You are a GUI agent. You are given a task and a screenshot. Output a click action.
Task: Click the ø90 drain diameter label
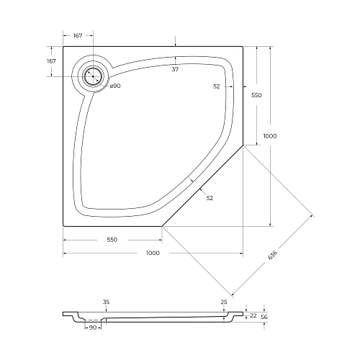(114, 86)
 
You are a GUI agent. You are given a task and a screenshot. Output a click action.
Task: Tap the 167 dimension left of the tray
(51, 61)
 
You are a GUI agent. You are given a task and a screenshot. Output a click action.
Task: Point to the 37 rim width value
(175, 70)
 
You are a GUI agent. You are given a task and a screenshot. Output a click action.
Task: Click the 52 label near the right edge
(217, 86)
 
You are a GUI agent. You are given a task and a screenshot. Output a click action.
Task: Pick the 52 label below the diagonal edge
(210, 197)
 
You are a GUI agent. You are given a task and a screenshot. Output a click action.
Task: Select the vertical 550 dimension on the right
(256, 95)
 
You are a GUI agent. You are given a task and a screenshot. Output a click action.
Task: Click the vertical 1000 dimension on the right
(270, 136)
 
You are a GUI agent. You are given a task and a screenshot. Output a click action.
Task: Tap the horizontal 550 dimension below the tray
(112, 240)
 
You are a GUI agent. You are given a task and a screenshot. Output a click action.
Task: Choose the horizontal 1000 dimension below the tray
(153, 253)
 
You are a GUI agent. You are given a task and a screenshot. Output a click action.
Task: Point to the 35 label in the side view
(106, 302)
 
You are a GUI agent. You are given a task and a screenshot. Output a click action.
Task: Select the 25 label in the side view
(225, 302)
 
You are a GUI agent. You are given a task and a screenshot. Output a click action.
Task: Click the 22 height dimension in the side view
(253, 315)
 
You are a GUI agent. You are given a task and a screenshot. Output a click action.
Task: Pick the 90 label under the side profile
(92, 328)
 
